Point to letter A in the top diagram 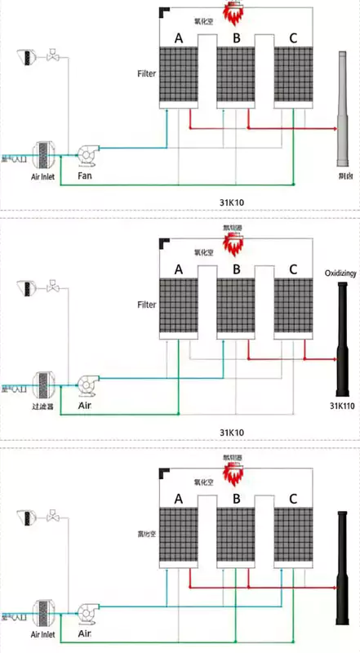178,38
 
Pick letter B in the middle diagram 236,269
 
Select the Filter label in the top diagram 147,74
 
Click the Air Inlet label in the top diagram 43,175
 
